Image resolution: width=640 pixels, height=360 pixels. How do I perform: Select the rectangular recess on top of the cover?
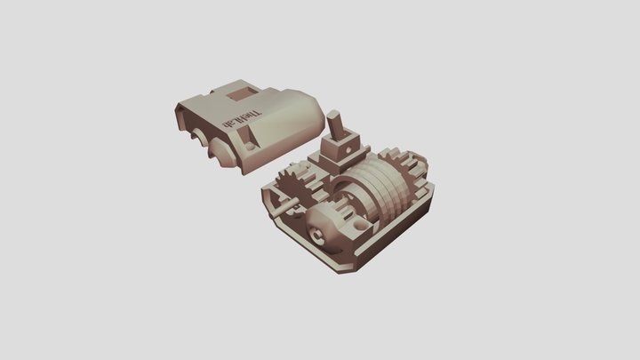(x=240, y=92)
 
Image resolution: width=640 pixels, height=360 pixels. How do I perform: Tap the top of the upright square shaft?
(x=334, y=115)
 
